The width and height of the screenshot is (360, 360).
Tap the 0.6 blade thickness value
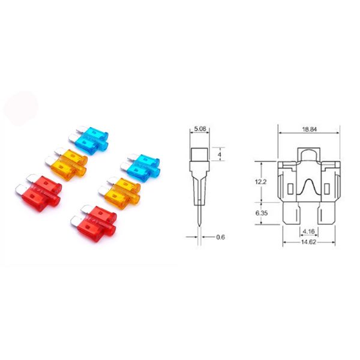click(x=220, y=236)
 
